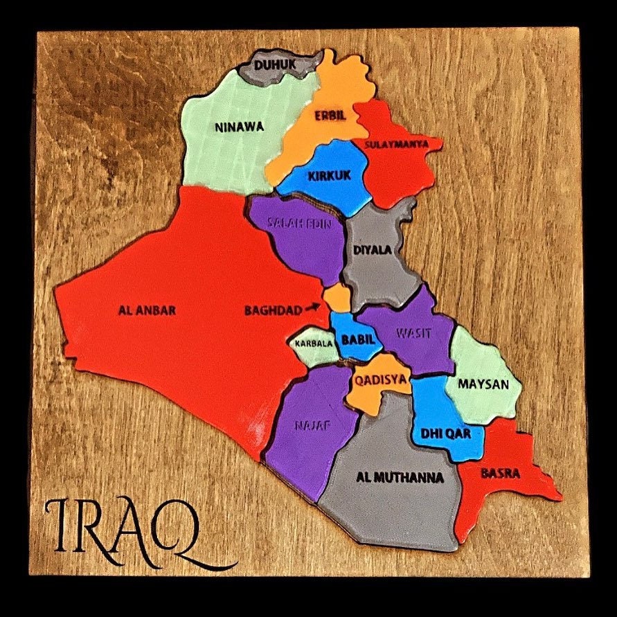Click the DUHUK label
tap(276, 65)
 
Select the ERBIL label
tap(330, 115)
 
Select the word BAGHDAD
tap(273, 311)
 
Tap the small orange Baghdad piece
tap(337, 298)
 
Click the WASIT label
tap(413, 333)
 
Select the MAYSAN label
tap(483, 384)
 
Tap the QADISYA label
tap(381, 379)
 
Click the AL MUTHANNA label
tap(399, 478)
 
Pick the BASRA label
tap(500, 474)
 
